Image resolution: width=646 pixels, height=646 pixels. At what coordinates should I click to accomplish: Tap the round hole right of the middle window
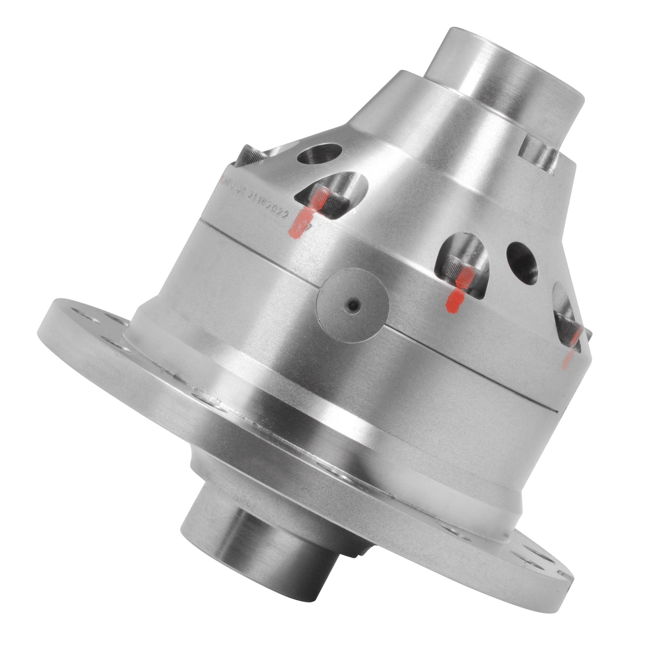coord(522,263)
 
